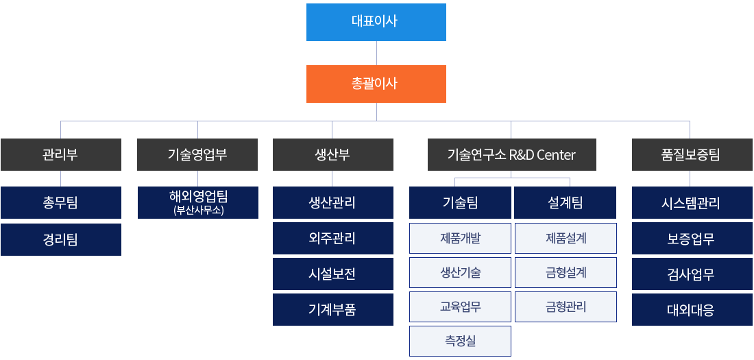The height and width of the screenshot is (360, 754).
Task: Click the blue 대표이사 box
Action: [x=376, y=22]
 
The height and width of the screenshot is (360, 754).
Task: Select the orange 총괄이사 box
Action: [x=376, y=84]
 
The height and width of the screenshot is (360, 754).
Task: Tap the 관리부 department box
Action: [x=60, y=154]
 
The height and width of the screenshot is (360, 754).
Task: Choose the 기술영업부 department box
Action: [x=197, y=154]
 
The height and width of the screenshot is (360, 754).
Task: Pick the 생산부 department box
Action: [x=332, y=154]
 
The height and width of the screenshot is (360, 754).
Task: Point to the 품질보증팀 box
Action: [x=692, y=154]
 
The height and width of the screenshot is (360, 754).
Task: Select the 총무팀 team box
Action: [x=60, y=202]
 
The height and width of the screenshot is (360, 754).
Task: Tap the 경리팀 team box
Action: [x=60, y=240]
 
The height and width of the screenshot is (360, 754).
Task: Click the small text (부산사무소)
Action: [x=197, y=211]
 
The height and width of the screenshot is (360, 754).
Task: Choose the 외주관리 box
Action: [x=332, y=238]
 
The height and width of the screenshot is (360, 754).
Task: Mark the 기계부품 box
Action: [x=332, y=309]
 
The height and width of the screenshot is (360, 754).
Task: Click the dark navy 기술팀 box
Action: [x=460, y=202]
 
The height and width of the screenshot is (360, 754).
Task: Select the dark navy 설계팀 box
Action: [x=565, y=202]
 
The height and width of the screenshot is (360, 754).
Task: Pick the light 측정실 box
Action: [x=460, y=341]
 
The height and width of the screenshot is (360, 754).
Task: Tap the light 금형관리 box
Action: [x=565, y=307]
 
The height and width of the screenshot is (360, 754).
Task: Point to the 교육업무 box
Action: [x=460, y=307]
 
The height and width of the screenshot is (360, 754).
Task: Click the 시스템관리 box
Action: [x=692, y=202]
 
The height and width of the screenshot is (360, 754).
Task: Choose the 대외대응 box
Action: [x=692, y=309]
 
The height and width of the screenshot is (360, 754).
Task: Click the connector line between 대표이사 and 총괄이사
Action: [x=376, y=53]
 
